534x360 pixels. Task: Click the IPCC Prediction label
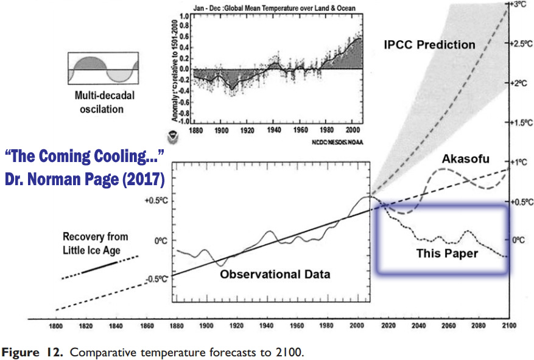(429, 44)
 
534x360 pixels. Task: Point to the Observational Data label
(275, 274)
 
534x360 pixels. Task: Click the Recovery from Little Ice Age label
(95, 242)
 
